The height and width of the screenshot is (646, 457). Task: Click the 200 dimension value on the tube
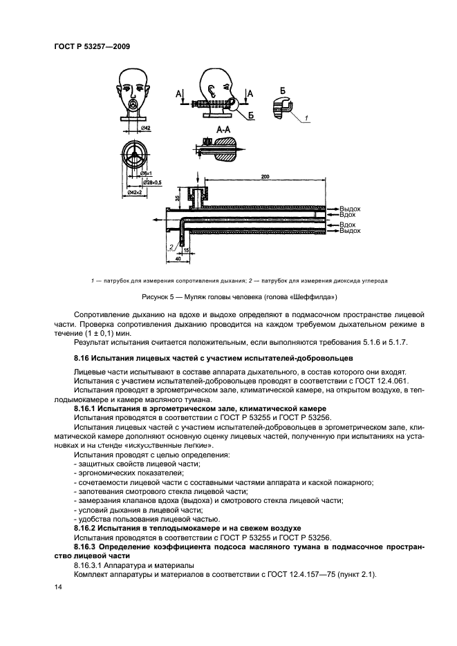tap(265, 178)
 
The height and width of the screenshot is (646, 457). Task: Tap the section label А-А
tap(223, 129)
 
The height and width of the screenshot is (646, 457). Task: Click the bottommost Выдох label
tap(349, 230)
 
